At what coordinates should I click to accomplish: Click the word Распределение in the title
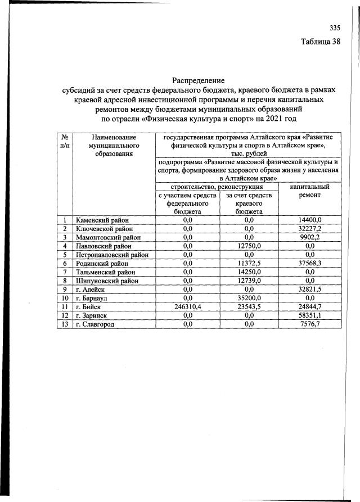197,80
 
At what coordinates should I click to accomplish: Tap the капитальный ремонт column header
309,192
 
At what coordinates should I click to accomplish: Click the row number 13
65,323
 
